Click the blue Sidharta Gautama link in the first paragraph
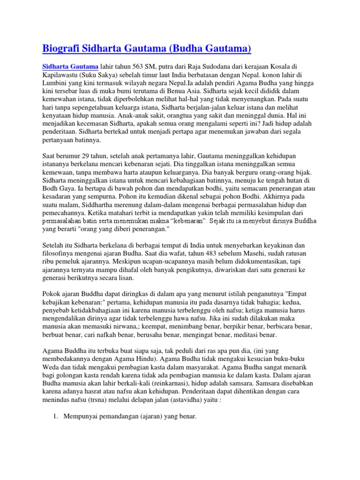click(x=70, y=67)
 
